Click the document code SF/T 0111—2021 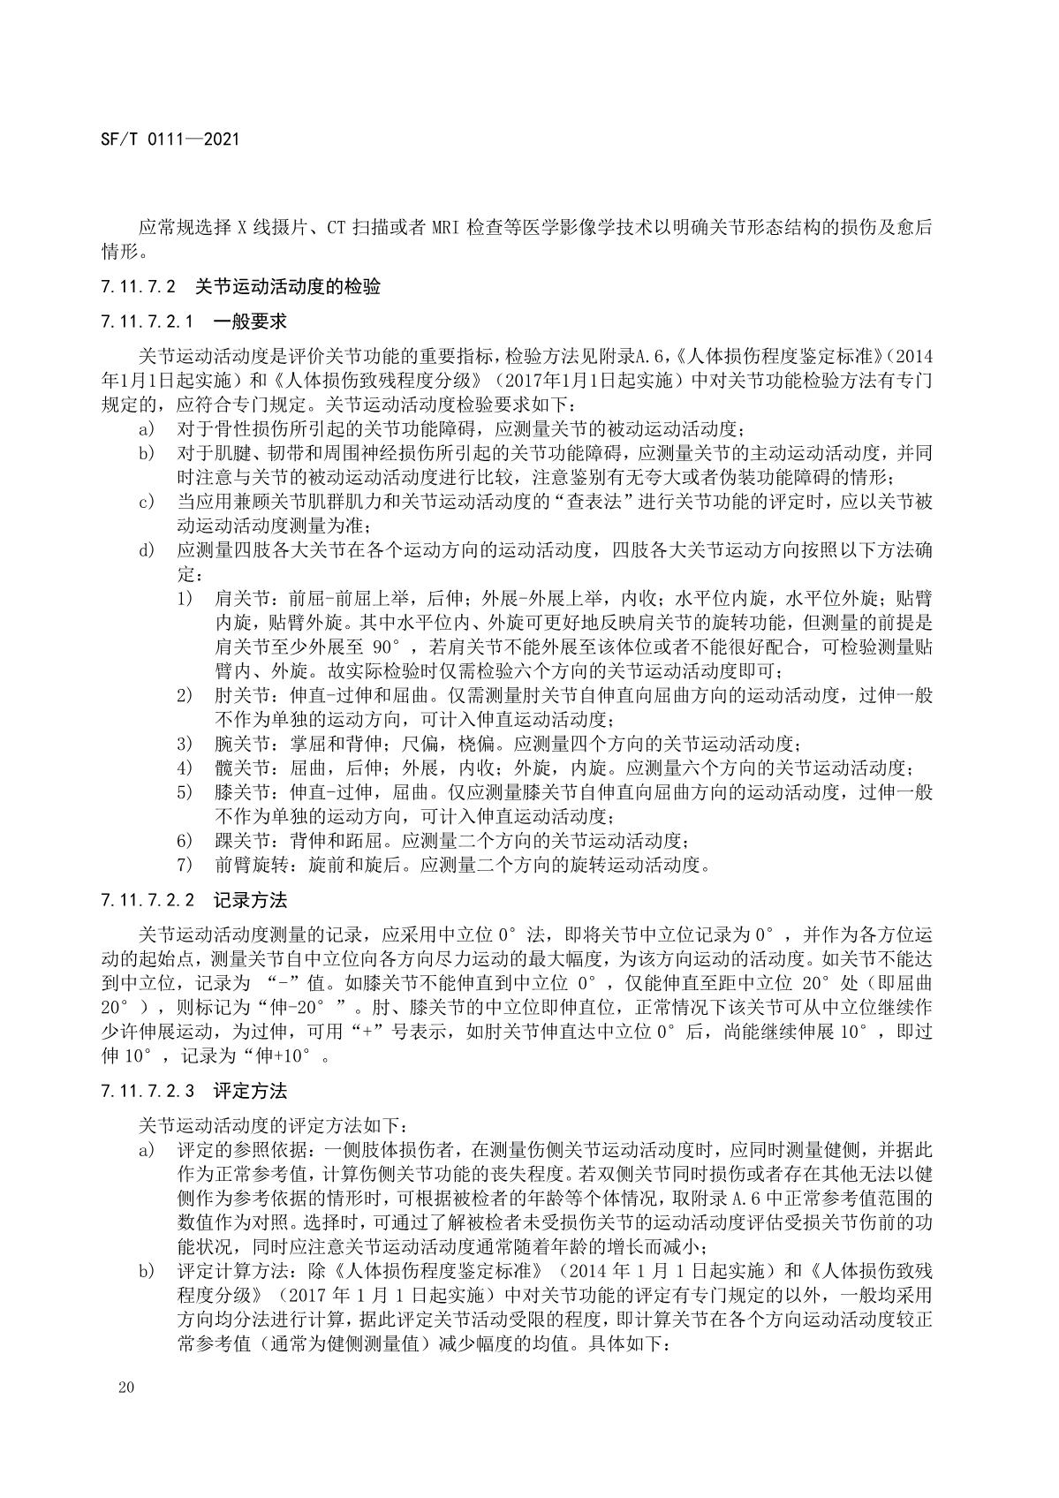[x=170, y=140]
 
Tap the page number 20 [x=125, y=1388]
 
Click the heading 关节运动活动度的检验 [x=287, y=286]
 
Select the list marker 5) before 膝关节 [x=185, y=792]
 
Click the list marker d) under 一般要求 [x=146, y=551]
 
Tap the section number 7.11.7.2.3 [x=148, y=1091]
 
